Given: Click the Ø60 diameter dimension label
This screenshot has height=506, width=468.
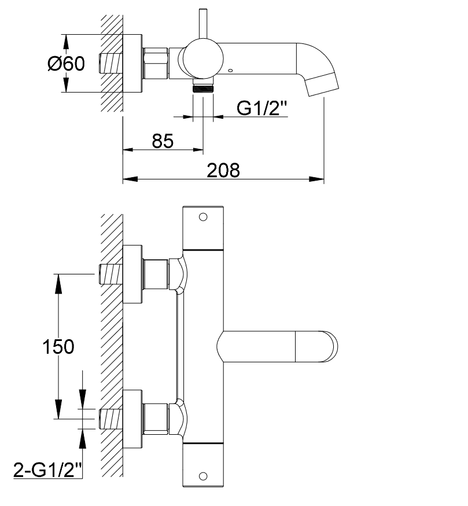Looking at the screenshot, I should click(67, 64).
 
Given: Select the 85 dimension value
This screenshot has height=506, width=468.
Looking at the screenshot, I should click(164, 141).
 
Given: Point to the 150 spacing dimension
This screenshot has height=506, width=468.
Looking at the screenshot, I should click(58, 346).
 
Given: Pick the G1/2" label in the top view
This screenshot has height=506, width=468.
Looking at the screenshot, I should click(262, 108).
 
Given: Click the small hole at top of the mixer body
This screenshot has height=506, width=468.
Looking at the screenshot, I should click(203, 217).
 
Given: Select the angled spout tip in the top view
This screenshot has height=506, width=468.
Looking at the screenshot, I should click(322, 82).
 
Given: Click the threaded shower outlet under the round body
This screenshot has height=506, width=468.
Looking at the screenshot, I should click(203, 88).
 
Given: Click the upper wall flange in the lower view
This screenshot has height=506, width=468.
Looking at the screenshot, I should click(132, 274).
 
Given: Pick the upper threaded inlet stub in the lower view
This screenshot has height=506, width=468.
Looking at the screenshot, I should click(111, 274).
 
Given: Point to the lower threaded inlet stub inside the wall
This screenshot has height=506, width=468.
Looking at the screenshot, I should click(111, 419).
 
